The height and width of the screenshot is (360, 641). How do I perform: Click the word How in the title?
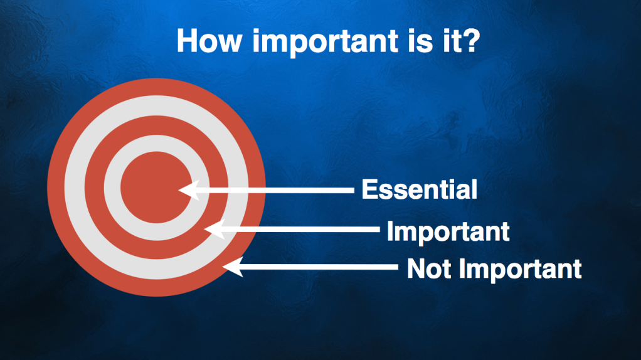click(209, 41)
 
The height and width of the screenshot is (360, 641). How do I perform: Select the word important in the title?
click(325, 43)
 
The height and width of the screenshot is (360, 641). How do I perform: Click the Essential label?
click(420, 189)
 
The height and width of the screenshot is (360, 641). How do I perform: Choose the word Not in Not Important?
click(429, 269)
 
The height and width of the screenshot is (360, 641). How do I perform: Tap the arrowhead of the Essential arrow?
click(189, 190)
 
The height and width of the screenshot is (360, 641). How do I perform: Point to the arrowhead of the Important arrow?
click(215, 230)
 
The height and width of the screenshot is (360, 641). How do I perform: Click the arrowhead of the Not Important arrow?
click(233, 267)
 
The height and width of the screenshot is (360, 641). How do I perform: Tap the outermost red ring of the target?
click(156, 87)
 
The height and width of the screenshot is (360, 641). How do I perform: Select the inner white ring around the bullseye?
click(156, 143)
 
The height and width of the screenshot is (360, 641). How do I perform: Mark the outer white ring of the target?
click(156, 105)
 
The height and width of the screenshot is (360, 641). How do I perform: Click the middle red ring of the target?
click(156, 125)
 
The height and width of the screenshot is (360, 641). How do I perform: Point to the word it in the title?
click(449, 41)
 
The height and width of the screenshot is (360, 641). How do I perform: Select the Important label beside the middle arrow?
click(448, 231)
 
